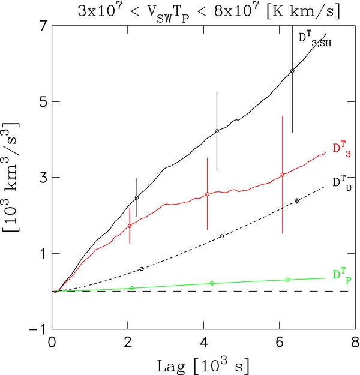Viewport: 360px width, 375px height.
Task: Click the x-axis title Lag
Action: tap(204, 364)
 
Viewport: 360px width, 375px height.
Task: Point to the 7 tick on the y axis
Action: tap(41, 26)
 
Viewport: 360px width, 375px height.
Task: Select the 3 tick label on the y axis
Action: tap(41, 178)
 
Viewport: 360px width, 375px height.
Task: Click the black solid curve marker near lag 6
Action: tap(292, 71)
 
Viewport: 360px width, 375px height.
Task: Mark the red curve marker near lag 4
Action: tap(207, 194)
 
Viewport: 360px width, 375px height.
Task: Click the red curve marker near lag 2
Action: tap(130, 226)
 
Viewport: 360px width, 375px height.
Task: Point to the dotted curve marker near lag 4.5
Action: tap(222, 236)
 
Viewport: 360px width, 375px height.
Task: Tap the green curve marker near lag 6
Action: tap(287, 280)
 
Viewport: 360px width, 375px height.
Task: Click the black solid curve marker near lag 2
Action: tap(137, 197)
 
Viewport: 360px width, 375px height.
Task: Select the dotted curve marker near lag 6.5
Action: tap(297, 200)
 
